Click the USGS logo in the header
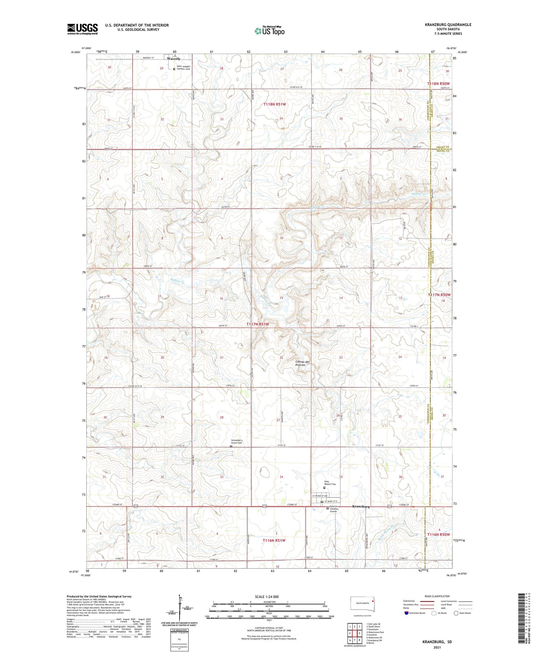coord(82,29)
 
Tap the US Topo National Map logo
coord(269,31)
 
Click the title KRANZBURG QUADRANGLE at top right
coord(448,25)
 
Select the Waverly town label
coord(173,59)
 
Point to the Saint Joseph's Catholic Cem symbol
coord(174,68)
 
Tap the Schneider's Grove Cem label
coord(239,441)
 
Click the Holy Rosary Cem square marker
coord(324,488)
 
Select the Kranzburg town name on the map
coord(361,507)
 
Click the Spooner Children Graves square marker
coord(328,509)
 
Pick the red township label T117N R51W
coord(258,324)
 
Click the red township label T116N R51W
coord(274,540)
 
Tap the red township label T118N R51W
coord(275,104)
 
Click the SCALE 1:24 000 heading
coord(267,596)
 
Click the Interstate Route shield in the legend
coord(406,613)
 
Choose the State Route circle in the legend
coord(456,613)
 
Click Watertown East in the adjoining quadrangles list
coord(376,632)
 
